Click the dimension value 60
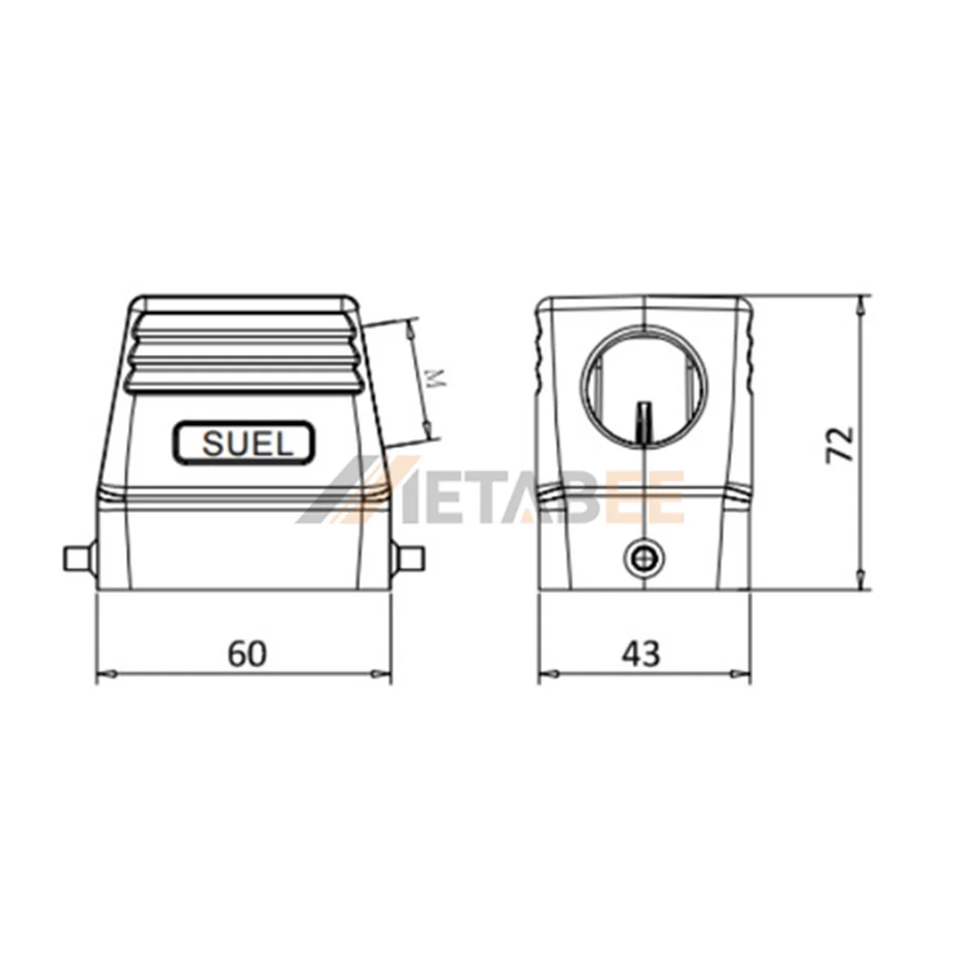click(247, 653)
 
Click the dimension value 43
click(642, 653)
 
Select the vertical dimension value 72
click(840, 445)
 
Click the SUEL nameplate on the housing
click(244, 443)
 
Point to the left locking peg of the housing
click(79, 559)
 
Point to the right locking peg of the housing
click(409, 559)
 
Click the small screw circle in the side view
click(643, 559)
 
